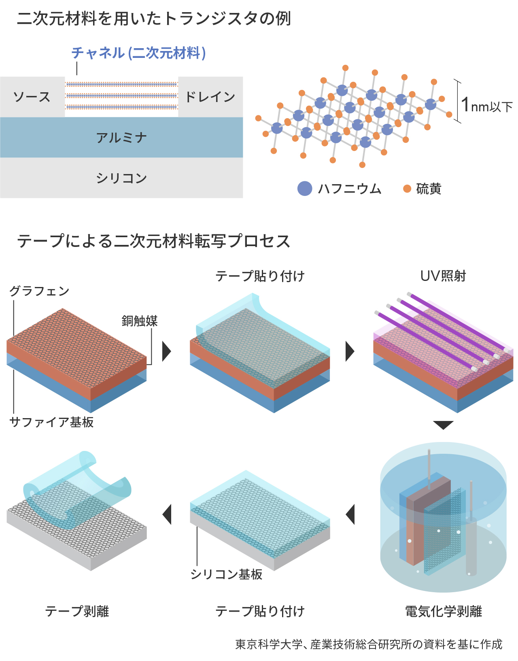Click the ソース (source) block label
coord(32,97)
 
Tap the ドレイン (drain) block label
coord(210,97)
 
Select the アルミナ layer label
coord(121,138)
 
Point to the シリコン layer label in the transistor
coord(121,178)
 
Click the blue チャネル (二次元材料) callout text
coord(139,53)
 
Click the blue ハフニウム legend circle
coord(305,189)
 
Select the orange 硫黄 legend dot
coord(407,189)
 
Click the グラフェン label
coord(39,291)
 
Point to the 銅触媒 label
coord(140,321)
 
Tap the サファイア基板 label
coord(52,422)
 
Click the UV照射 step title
coord(443,276)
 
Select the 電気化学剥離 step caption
coord(444,611)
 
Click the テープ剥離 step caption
coord(77,611)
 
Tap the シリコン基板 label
coord(226,574)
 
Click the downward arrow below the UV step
coord(443,425)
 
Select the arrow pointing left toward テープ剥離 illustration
coord(167,514)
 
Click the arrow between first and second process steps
coord(166,351)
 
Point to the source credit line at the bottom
coord(369,644)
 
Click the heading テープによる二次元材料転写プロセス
coord(154,241)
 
